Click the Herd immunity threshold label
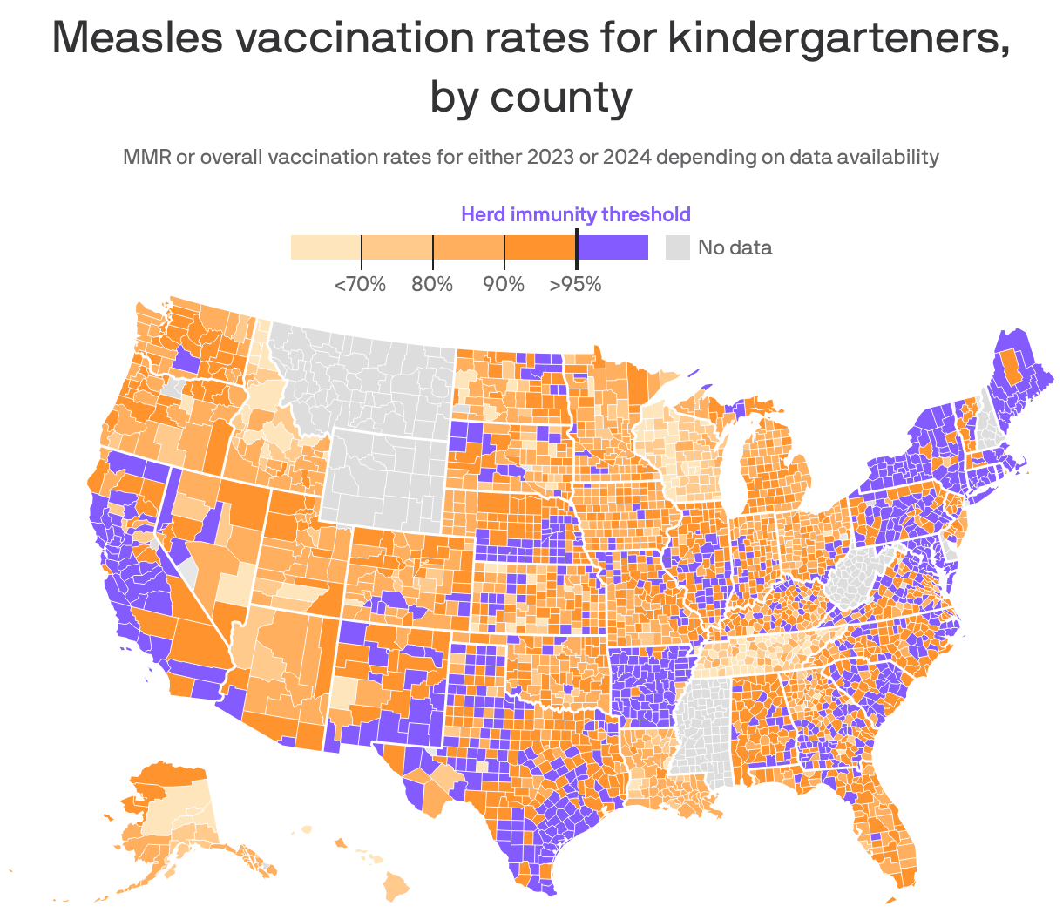(575, 214)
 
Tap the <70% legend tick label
(360, 284)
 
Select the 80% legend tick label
(432, 284)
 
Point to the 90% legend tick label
(504, 284)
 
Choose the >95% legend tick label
(575, 284)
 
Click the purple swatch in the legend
(613, 247)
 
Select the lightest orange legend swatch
(325, 247)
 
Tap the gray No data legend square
(677, 247)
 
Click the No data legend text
(735, 247)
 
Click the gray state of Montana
(366, 375)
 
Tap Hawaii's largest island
(396, 889)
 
